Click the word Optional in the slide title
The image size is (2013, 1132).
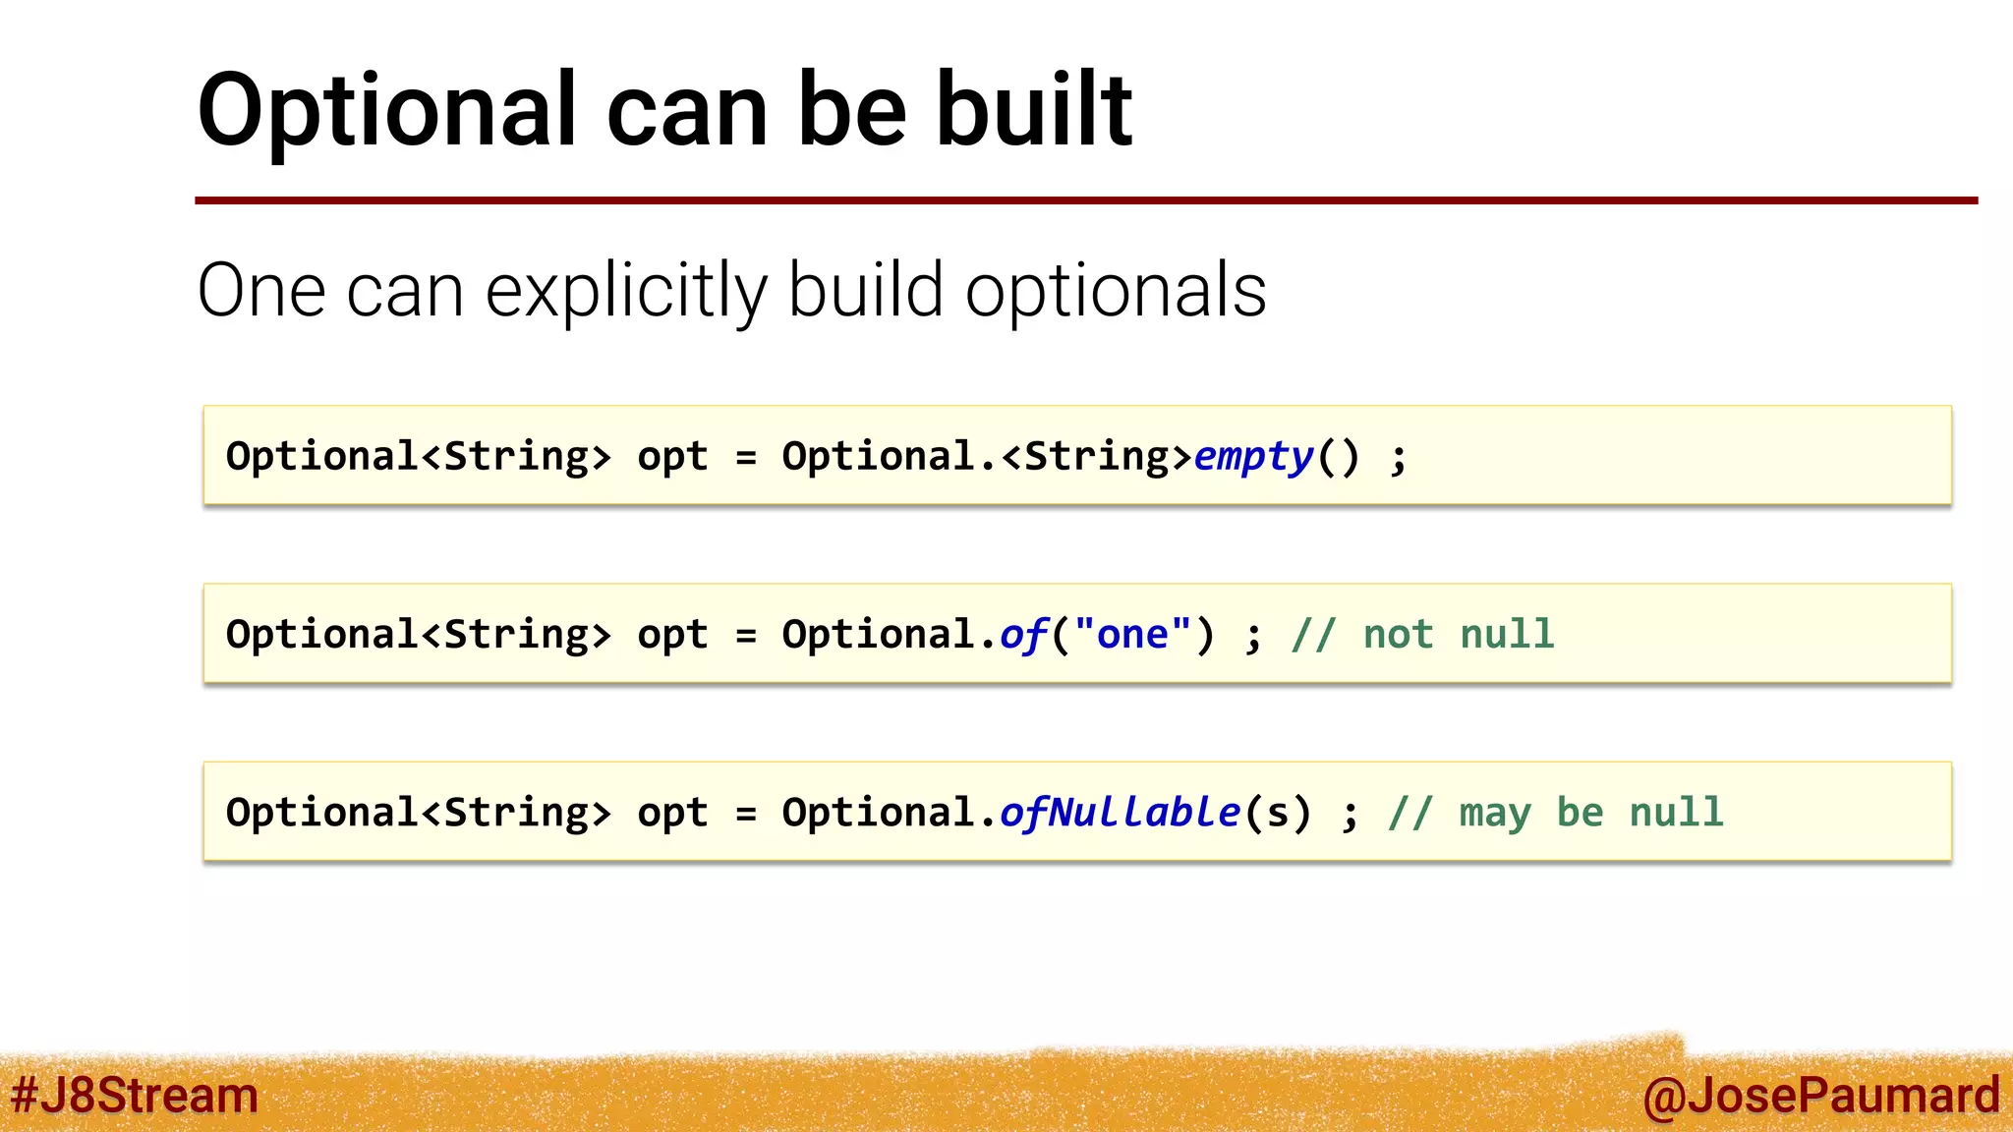pos(387,112)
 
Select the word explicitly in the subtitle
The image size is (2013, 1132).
pos(626,292)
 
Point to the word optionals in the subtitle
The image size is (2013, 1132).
pos(1116,292)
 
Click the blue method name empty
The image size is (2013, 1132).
pos(1253,457)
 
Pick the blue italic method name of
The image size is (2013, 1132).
pos(1023,635)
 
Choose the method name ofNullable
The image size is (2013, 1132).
pos(1120,813)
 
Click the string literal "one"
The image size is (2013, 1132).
pos(1132,635)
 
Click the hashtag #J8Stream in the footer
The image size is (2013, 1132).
pos(134,1096)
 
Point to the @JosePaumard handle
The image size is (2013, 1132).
pos(1820,1096)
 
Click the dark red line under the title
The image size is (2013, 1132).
pos(1081,200)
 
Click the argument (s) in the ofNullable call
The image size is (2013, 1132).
pos(1277,813)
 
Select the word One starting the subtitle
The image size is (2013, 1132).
pos(261,292)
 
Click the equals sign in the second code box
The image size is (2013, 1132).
pos(746,636)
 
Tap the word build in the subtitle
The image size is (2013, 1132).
pos(866,292)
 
